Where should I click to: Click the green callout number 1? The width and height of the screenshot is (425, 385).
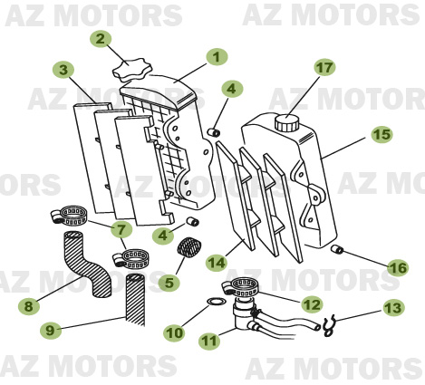coord(215,56)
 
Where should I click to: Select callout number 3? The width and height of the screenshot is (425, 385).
coord(63,70)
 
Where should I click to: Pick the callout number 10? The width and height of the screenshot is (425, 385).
coord(174,332)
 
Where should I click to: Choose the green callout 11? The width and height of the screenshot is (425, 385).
coord(208,342)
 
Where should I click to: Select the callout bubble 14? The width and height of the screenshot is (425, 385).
coord(215,263)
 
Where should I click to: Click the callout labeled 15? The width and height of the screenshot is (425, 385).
coord(382,134)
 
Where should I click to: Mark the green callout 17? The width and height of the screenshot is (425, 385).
coord(324,68)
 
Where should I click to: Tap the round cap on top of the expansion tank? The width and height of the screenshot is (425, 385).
coord(288,121)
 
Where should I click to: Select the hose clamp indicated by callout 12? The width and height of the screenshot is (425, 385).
coord(246,288)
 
